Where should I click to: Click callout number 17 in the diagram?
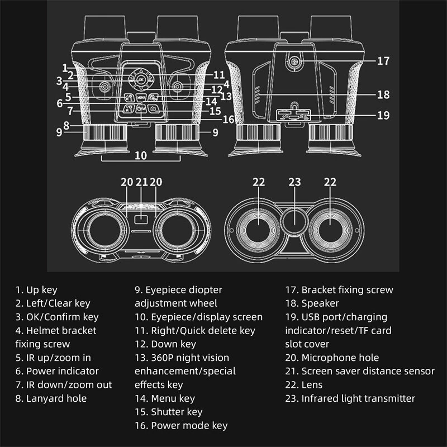(383, 61)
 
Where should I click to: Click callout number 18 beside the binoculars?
(383, 94)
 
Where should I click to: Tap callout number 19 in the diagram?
(383, 116)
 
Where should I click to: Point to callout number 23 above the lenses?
(294, 182)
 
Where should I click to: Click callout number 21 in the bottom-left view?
(141, 182)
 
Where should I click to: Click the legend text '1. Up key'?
(36, 290)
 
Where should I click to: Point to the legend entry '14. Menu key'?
(165, 398)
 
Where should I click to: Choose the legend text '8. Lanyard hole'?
(51, 398)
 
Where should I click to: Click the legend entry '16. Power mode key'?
(181, 426)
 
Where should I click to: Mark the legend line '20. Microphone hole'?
(332, 358)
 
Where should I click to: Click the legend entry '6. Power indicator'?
(57, 371)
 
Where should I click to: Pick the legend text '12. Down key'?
(165, 344)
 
